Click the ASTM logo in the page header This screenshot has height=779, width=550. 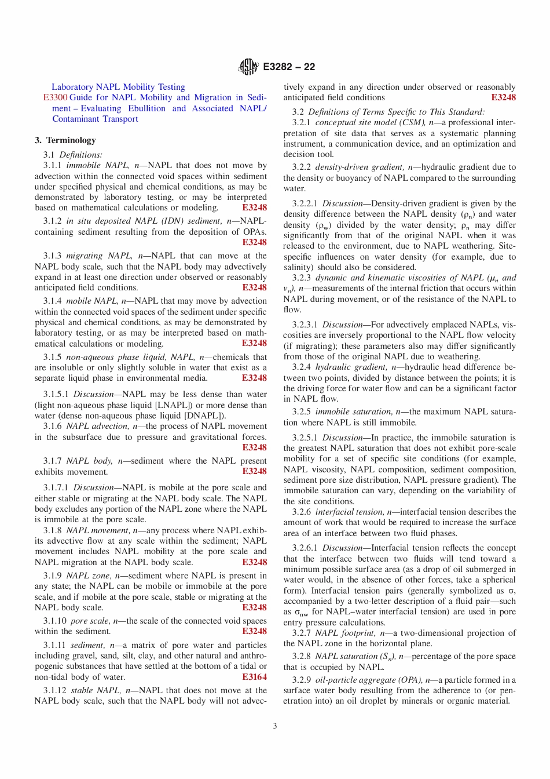pos(248,67)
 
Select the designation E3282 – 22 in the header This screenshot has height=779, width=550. pos(289,67)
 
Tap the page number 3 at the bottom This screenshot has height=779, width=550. pos(275,726)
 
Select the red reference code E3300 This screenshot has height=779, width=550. pos(55,98)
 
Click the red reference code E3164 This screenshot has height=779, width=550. pos(254,677)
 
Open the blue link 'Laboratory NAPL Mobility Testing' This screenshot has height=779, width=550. pos(118,87)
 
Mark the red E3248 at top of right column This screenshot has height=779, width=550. pos(503,98)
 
